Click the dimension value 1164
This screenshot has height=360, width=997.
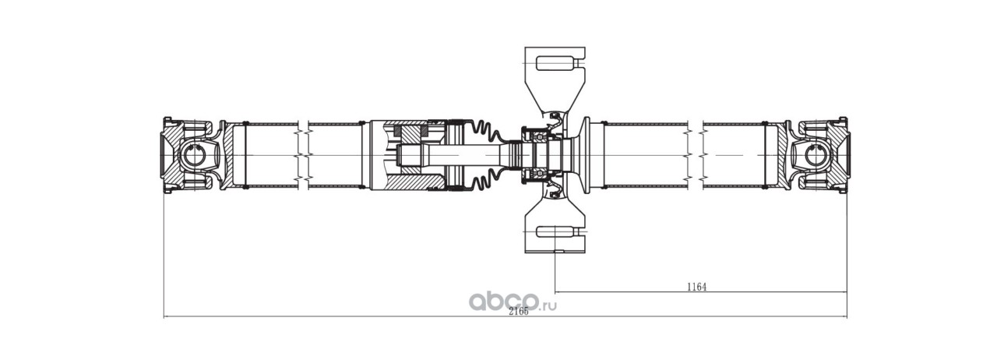tap(696, 287)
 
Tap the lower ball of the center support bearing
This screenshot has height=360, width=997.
tap(537, 173)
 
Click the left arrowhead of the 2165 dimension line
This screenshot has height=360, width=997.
tap(167, 317)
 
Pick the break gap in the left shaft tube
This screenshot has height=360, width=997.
tap(304, 156)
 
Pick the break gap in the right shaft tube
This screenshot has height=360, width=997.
tap(696, 156)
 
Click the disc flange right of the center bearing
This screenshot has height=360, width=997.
tap(587, 156)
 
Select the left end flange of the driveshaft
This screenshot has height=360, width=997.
tap(166, 156)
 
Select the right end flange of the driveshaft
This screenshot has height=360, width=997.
tap(845, 156)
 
